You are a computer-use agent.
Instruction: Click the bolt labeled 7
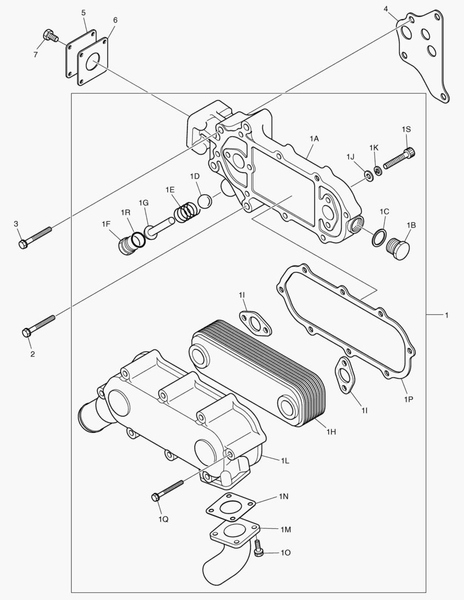click(51, 37)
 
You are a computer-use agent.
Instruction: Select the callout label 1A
click(314, 138)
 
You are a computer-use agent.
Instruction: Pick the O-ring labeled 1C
click(378, 237)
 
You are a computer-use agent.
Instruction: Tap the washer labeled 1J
click(368, 176)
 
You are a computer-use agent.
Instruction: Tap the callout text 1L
click(285, 461)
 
